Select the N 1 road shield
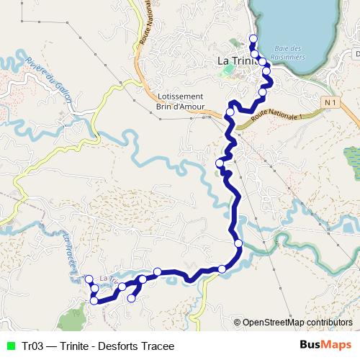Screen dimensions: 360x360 coord(330,103)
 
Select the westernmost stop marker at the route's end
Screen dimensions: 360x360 coord(89,279)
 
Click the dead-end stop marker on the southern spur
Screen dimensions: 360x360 coord(130,297)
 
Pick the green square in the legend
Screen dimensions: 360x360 coord(11,346)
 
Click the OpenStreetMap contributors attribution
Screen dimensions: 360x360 coord(297,322)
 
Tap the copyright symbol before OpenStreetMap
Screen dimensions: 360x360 coord(238,322)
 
